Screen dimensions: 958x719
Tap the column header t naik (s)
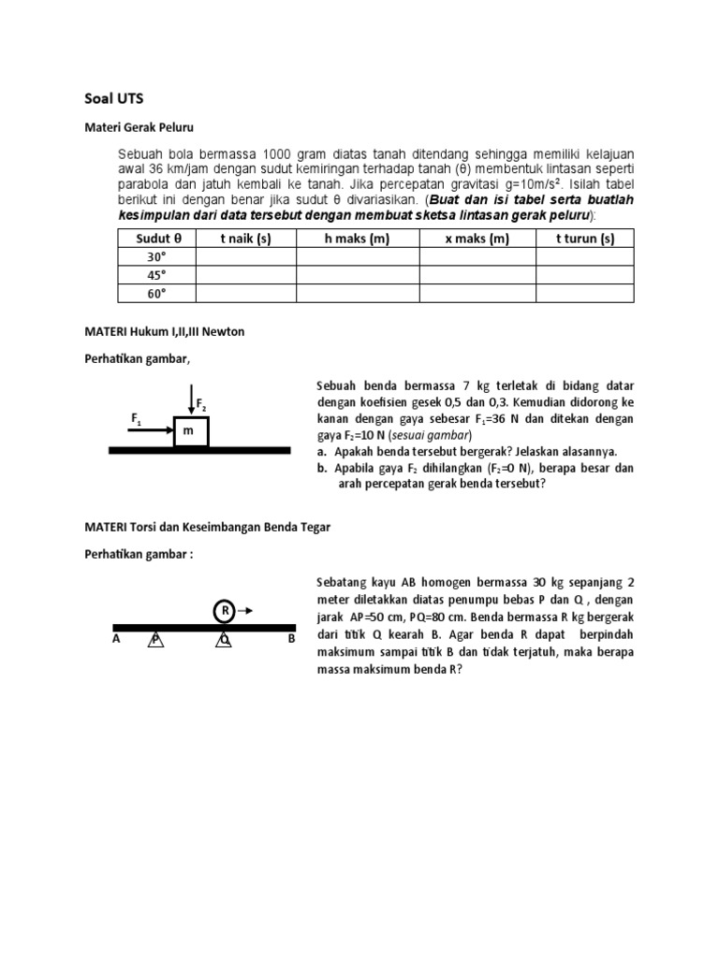(x=245, y=239)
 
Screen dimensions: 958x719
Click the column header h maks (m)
(x=357, y=239)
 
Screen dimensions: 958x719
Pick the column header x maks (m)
(x=477, y=239)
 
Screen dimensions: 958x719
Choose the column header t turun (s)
(x=584, y=239)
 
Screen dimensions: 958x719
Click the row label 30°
(x=156, y=256)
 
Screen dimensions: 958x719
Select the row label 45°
(x=156, y=275)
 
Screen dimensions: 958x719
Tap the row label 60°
(x=156, y=293)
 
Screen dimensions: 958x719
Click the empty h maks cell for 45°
(x=357, y=275)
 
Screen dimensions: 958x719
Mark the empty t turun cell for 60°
(x=584, y=293)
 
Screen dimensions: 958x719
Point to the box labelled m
(x=190, y=431)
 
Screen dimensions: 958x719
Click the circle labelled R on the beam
(x=225, y=610)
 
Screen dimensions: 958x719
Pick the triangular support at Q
(x=225, y=639)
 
